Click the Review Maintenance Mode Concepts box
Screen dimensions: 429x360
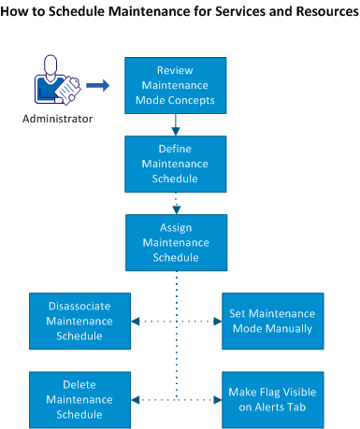[176, 86]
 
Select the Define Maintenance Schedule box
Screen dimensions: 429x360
[176, 164]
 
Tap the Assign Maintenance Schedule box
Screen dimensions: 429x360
[176, 242]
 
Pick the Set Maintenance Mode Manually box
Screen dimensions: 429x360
[268, 321]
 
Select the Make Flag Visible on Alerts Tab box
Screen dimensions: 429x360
[268, 399]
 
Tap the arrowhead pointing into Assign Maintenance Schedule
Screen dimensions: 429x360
[176, 209]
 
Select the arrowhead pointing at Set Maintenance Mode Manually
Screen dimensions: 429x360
[217, 321]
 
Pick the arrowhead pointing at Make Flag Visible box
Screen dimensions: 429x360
[217, 399]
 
